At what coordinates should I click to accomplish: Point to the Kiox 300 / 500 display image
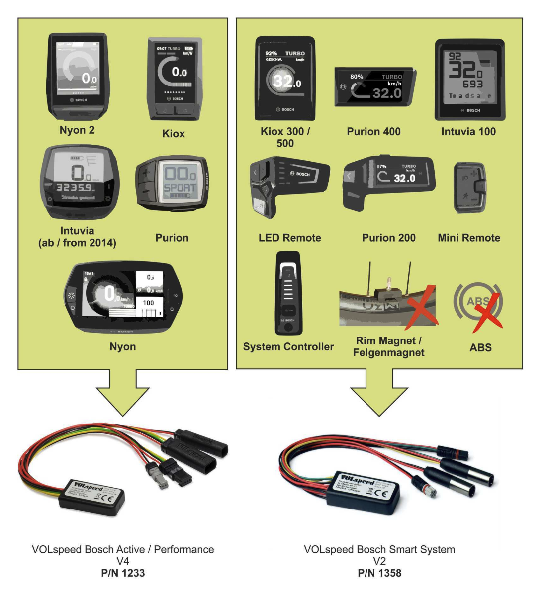[x=285, y=79]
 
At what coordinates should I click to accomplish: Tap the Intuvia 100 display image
[x=469, y=80]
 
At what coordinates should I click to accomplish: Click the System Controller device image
[x=288, y=293]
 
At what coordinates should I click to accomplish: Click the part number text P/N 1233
[x=123, y=573]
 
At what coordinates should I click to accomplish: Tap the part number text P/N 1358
[x=379, y=573]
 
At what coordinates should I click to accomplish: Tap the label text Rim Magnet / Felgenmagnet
[x=388, y=347]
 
